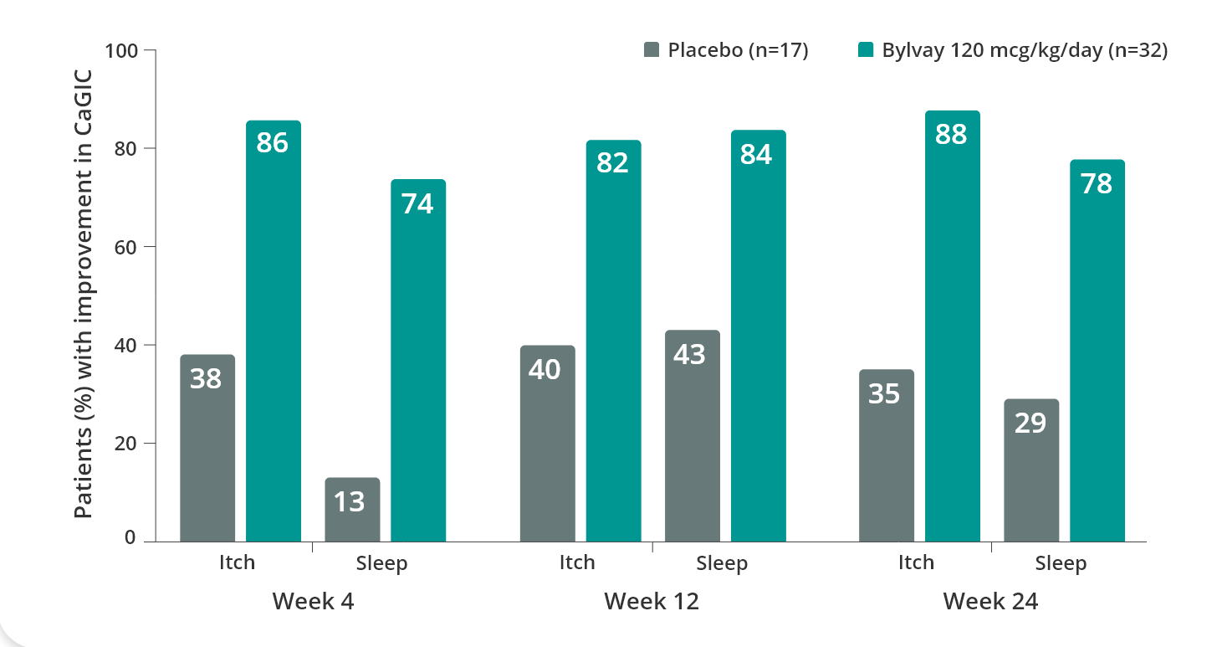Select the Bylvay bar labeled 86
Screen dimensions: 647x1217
(x=274, y=331)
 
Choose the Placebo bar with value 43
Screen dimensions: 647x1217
(x=692, y=435)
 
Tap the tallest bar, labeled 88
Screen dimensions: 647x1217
(x=952, y=326)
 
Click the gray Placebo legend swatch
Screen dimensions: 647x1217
(x=652, y=50)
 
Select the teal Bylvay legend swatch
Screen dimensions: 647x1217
(x=866, y=50)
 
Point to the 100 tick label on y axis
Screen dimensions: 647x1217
(x=120, y=51)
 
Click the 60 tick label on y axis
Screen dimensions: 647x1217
(x=125, y=247)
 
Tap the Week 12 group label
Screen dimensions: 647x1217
(x=651, y=601)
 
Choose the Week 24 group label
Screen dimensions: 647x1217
(x=990, y=601)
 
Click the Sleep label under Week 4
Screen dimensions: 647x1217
(x=381, y=563)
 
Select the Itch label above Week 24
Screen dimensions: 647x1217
(x=916, y=562)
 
